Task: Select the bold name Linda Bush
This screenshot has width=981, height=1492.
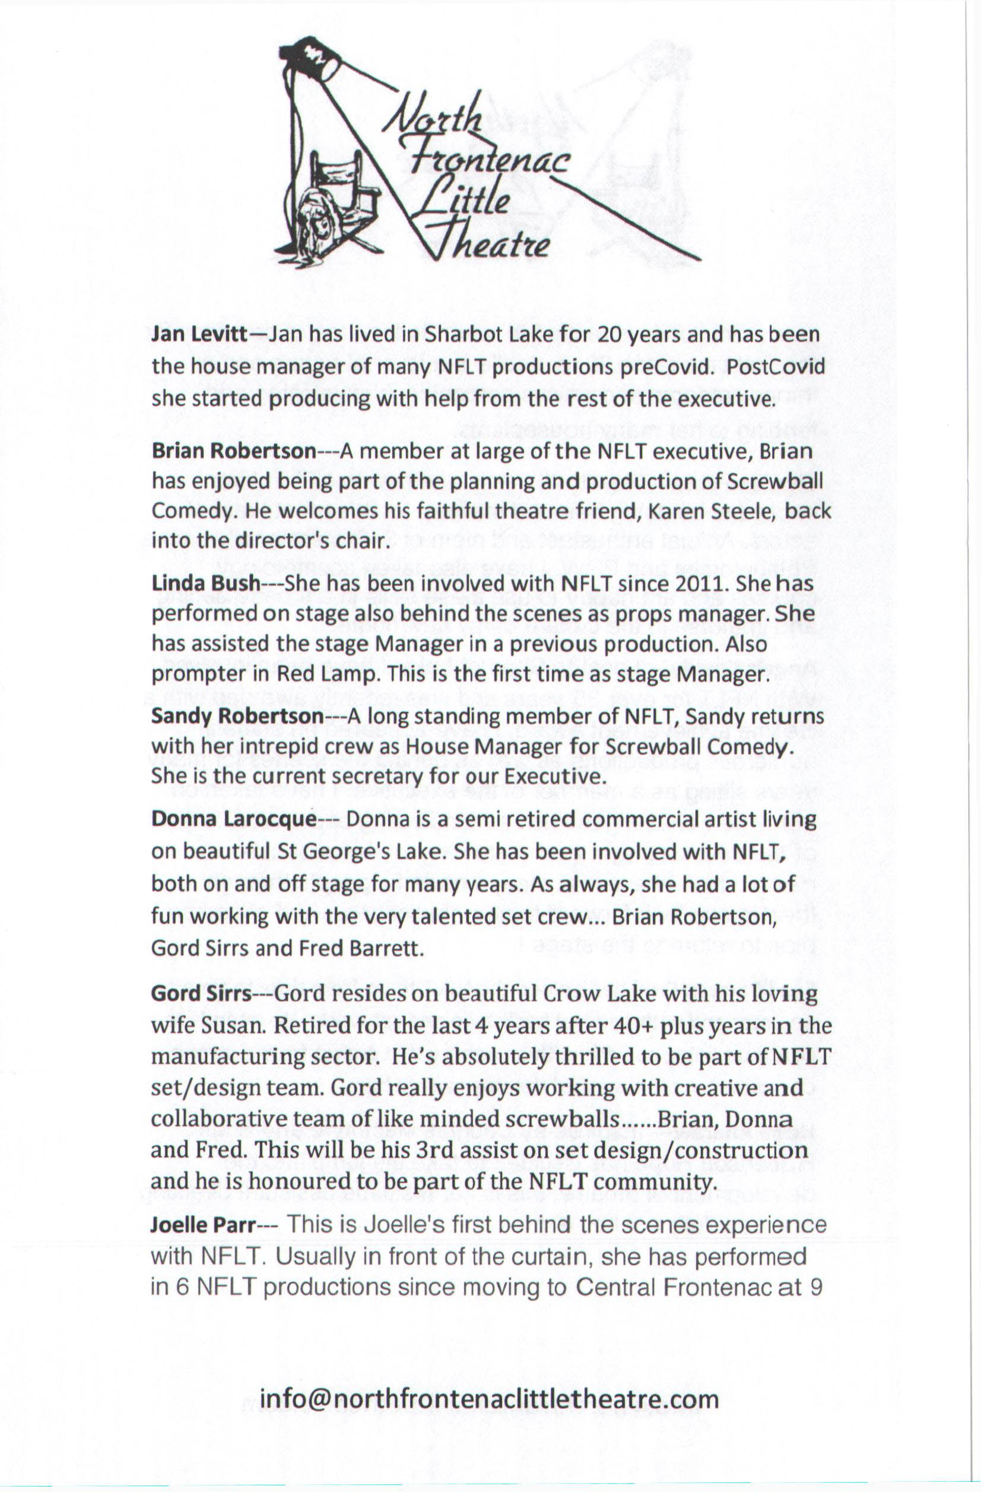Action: [205, 583]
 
